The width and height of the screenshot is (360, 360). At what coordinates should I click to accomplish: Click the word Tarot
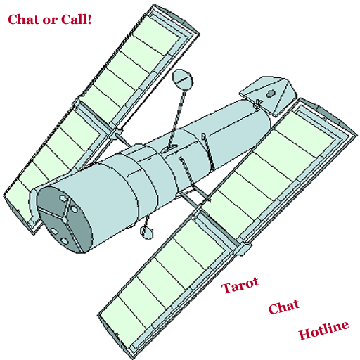tap(240, 285)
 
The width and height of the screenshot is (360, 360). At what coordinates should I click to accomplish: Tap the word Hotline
tap(323, 330)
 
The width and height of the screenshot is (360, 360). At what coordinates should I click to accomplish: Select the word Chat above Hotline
tap(284, 307)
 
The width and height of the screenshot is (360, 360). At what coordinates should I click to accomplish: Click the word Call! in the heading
tap(76, 19)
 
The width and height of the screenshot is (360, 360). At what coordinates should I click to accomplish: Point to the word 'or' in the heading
tap(50, 20)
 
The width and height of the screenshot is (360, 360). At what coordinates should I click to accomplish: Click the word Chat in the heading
tap(24, 20)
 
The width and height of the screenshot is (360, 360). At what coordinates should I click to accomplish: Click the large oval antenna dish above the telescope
tap(183, 79)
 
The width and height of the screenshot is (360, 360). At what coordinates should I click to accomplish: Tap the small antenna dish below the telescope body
tap(147, 233)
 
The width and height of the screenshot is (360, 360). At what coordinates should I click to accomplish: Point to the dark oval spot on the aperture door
tap(271, 94)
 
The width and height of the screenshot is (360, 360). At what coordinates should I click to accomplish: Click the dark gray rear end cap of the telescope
tap(64, 220)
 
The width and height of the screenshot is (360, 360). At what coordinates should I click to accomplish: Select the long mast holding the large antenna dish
tap(177, 117)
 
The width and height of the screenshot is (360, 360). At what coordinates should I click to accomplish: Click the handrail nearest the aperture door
tap(207, 152)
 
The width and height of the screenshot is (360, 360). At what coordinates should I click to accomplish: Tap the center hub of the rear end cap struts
tap(65, 220)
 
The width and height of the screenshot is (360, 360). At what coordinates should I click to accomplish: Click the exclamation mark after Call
tap(89, 19)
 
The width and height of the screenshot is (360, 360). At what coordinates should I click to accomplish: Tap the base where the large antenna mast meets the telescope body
tap(170, 148)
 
